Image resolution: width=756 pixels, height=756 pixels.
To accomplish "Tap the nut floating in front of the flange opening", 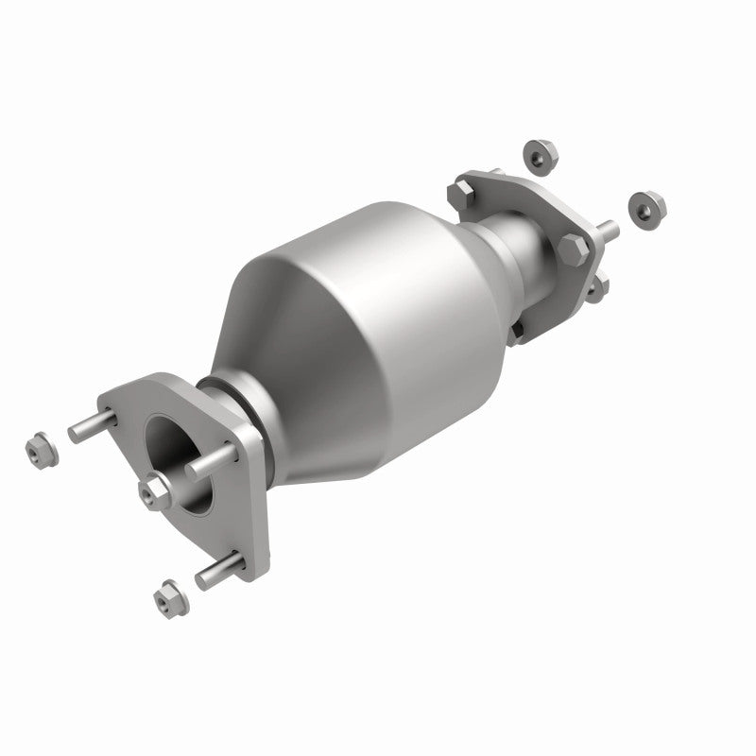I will (x=155, y=490).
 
